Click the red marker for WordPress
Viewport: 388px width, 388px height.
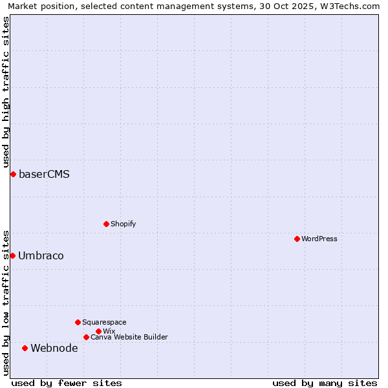297,239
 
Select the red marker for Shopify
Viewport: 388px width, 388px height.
106,224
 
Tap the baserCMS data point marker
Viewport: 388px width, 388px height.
13,174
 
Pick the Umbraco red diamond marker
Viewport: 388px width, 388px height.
12,255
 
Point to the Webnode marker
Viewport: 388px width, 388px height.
25,348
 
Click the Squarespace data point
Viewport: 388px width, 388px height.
78,322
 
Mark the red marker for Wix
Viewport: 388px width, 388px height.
98,331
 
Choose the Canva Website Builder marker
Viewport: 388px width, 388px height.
86,337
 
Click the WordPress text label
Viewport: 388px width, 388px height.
319,239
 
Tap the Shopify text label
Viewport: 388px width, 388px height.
123,224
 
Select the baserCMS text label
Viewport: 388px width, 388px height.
44,174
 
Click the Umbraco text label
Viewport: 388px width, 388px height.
41,255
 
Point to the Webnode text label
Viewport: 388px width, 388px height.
54,348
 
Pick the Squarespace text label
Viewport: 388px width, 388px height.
104,322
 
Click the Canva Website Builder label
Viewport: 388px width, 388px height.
129,337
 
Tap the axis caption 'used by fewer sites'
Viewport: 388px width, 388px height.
67,383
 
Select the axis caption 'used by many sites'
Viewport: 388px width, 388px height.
325,383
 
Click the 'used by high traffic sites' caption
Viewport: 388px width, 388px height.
6,92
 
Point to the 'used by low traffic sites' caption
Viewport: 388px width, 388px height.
6,301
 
